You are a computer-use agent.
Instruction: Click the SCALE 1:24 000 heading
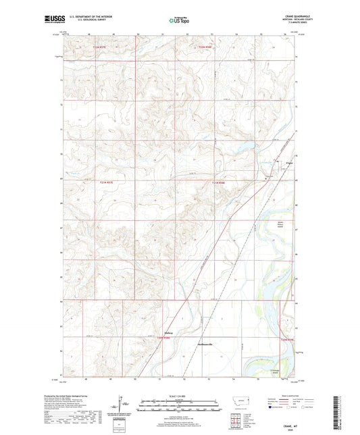click(180, 395)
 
